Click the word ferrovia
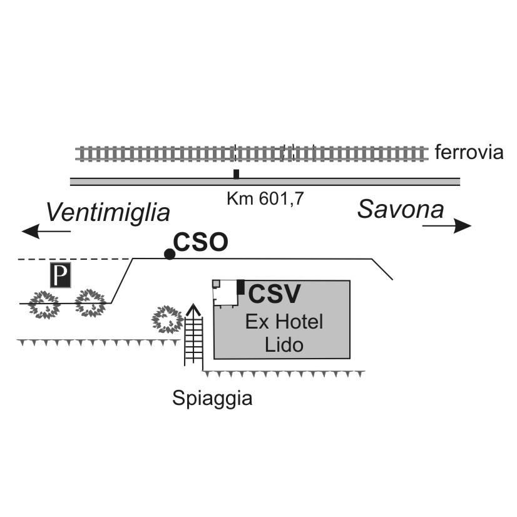point(469,152)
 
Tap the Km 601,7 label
point(265,198)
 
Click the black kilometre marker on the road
point(236,174)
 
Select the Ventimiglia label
point(108,212)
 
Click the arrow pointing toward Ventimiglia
point(46,231)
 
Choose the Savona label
point(401,210)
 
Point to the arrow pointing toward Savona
point(447,226)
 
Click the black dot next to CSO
point(170,254)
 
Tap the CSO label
point(200,242)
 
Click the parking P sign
point(60,275)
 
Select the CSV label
point(274,294)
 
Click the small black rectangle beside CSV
point(241,287)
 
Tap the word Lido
point(284,345)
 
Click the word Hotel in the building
point(299,322)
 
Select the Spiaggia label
point(212,399)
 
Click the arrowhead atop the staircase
point(193,309)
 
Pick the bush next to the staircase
point(167,319)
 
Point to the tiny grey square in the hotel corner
point(217,284)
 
